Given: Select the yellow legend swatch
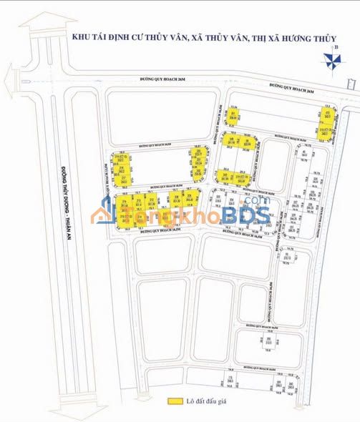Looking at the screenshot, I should tap(174, 402).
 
